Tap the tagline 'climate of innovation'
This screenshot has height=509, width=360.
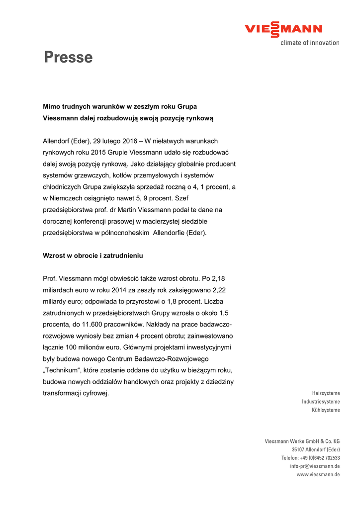click(x=310, y=43)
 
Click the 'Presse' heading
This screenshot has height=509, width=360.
click(x=68, y=58)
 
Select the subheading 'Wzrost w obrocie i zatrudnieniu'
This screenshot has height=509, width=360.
click(x=93, y=255)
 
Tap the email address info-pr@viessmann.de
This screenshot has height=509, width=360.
click(x=315, y=466)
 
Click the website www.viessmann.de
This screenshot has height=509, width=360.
click(x=318, y=475)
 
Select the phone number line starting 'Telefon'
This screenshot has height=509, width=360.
click(x=311, y=458)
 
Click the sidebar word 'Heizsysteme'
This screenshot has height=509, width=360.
click(x=326, y=393)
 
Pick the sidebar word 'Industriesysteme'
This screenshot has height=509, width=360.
click(x=321, y=402)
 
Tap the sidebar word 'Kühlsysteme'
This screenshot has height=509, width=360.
click(x=326, y=410)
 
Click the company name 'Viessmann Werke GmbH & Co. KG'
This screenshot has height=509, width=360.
click(x=302, y=441)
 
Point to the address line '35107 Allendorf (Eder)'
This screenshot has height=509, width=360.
click(x=316, y=449)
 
